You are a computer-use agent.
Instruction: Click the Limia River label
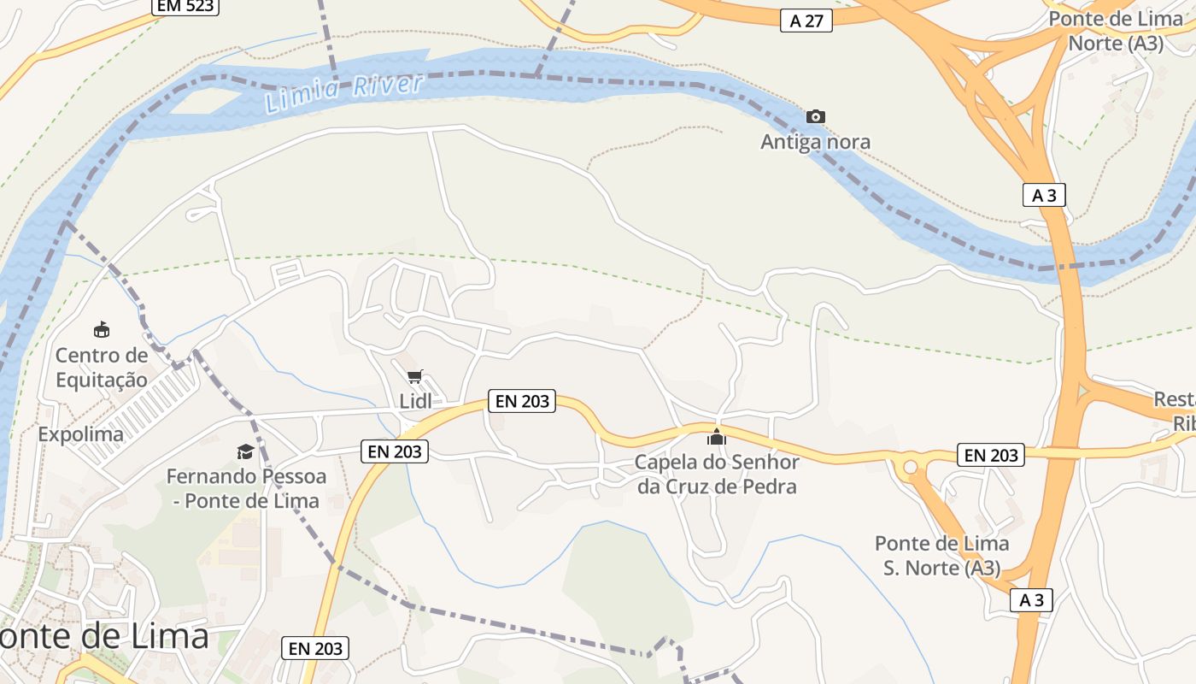pyautogui.click(x=344, y=93)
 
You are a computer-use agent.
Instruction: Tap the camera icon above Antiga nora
pyautogui.click(x=816, y=116)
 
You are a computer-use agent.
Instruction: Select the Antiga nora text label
pyautogui.click(x=816, y=142)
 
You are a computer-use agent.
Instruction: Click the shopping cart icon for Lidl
pyautogui.click(x=415, y=376)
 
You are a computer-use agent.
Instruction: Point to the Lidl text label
pyautogui.click(x=415, y=401)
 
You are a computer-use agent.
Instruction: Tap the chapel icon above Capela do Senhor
pyautogui.click(x=716, y=438)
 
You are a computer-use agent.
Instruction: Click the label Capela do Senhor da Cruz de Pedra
pyautogui.click(x=717, y=475)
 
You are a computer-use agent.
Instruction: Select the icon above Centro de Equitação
pyautogui.click(x=102, y=329)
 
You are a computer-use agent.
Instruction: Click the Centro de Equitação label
pyautogui.click(x=102, y=368)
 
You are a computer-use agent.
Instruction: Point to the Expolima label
pyautogui.click(x=81, y=434)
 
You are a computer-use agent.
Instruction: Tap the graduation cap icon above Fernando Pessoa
pyautogui.click(x=246, y=451)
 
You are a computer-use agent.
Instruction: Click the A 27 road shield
pyautogui.click(x=806, y=21)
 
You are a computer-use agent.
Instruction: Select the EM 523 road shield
pyautogui.click(x=185, y=6)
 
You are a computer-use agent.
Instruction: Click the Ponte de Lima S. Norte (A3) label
pyautogui.click(x=941, y=555)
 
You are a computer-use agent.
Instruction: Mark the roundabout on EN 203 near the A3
pyautogui.click(x=910, y=467)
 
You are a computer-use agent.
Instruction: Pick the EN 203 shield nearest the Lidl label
pyautogui.click(x=522, y=400)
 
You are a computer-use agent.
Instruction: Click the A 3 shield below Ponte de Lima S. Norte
pyautogui.click(x=1031, y=600)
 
